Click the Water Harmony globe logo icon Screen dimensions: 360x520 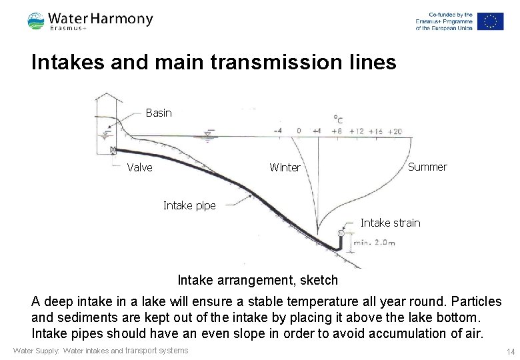(36, 22)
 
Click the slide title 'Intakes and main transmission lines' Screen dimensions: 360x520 (213, 63)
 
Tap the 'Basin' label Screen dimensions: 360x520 (159, 113)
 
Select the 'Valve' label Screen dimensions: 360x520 (139, 167)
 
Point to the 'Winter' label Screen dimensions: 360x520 (285, 167)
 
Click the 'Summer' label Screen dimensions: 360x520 (427, 167)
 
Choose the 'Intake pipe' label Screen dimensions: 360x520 (189, 205)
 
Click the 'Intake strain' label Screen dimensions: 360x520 (390, 223)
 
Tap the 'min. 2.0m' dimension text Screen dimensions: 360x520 (374, 242)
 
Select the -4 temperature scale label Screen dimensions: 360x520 (277, 131)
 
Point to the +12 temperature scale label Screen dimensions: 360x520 (357, 131)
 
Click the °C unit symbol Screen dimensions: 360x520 (338, 119)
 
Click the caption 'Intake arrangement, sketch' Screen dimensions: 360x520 (258, 280)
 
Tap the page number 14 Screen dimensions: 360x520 (510, 351)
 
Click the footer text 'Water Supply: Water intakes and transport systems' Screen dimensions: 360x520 (101, 351)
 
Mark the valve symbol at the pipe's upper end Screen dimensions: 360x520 (114, 149)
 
